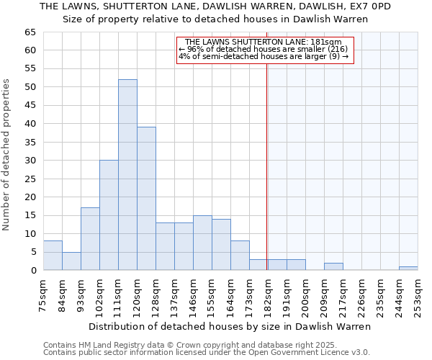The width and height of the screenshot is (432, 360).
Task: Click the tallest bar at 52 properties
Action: pos(127,175)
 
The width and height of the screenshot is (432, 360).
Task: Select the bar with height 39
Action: pos(146,199)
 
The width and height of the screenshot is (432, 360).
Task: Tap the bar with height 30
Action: pos(109,215)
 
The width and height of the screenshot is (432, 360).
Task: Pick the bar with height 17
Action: pos(90,239)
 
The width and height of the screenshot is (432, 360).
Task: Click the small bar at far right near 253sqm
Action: pos(408,268)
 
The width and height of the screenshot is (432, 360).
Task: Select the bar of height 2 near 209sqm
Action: pos(333,266)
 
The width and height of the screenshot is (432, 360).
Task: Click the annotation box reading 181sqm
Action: pos(263,50)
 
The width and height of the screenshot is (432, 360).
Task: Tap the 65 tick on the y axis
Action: pos(30,32)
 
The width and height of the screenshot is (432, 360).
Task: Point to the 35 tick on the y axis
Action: pos(30,143)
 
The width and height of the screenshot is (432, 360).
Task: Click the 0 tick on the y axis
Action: pos(33,271)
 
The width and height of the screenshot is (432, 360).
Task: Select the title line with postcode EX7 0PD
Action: pos(215,6)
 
